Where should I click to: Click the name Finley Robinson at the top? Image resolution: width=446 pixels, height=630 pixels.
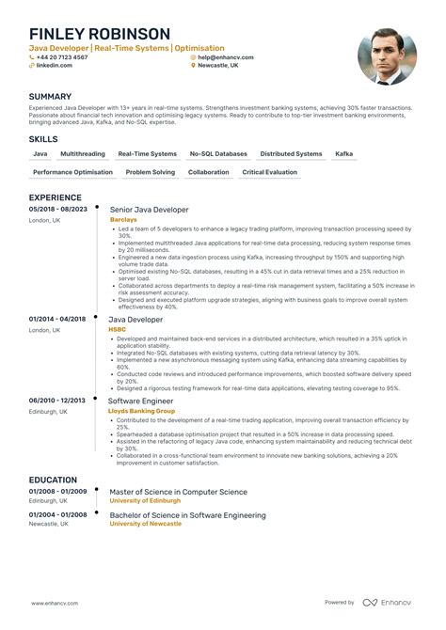click(x=99, y=35)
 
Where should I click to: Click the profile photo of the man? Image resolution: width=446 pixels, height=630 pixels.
click(x=387, y=56)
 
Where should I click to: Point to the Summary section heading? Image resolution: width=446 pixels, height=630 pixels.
click(x=50, y=97)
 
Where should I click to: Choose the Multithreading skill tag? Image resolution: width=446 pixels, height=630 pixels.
click(x=83, y=153)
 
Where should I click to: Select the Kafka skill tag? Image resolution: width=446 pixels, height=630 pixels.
click(x=344, y=153)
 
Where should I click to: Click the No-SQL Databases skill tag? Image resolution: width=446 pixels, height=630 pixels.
click(x=218, y=153)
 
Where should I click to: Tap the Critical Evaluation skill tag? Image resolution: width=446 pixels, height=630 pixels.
click(x=269, y=172)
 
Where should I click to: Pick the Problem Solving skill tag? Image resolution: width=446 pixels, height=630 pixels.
click(x=151, y=172)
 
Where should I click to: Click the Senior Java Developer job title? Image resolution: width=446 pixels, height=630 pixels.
click(x=149, y=210)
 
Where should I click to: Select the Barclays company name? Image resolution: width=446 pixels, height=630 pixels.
click(x=123, y=220)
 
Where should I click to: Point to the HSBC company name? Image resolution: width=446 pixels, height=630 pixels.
click(x=118, y=329)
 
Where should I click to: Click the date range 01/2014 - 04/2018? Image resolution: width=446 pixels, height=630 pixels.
click(x=57, y=319)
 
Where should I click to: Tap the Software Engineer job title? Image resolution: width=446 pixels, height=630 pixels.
click(x=141, y=401)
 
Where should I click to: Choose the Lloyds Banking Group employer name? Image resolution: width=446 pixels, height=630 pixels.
click(x=142, y=411)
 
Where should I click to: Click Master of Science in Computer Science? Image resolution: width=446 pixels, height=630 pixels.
click(x=178, y=492)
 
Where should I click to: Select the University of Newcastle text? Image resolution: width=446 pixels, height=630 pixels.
click(x=145, y=524)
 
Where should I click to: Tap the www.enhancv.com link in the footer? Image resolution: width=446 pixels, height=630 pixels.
click(x=55, y=603)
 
